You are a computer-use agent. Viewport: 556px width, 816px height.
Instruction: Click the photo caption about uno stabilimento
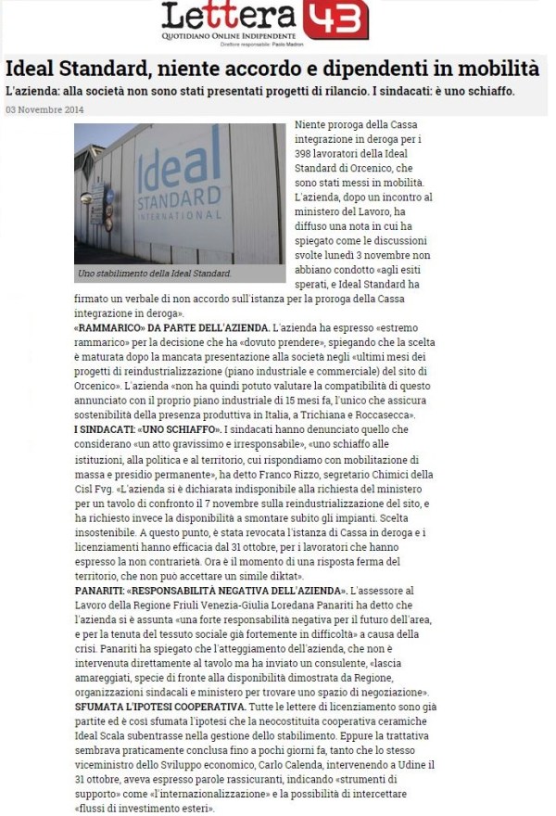(x=153, y=275)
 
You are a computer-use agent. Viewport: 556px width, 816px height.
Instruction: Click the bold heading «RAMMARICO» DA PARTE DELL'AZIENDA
(x=171, y=329)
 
